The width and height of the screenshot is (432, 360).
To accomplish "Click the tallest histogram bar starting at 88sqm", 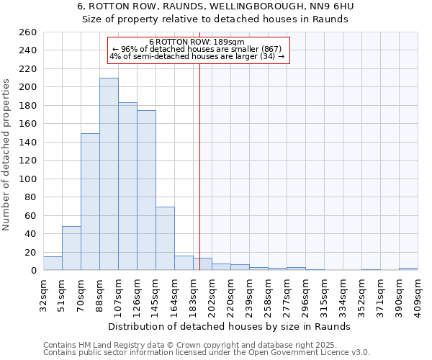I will pyautogui.click(x=109, y=174).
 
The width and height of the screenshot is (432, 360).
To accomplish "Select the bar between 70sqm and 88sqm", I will pyautogui.click(x=90, y=202).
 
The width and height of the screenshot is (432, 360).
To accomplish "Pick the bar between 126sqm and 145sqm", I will pyautogui.click(x=146, y=190).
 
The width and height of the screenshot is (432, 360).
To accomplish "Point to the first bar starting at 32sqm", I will pyautogui.click(x=53, y=264).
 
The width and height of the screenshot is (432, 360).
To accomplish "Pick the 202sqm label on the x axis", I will pyautogui.click(x=212, y=294).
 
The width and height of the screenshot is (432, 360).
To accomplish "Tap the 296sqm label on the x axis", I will pyautogui.click(x=305, y=294).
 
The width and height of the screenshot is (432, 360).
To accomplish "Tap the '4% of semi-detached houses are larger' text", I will pyautogui.click(x=197, y=56).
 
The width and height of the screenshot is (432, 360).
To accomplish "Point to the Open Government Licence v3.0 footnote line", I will pyautogui.click(x=206, y=353).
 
